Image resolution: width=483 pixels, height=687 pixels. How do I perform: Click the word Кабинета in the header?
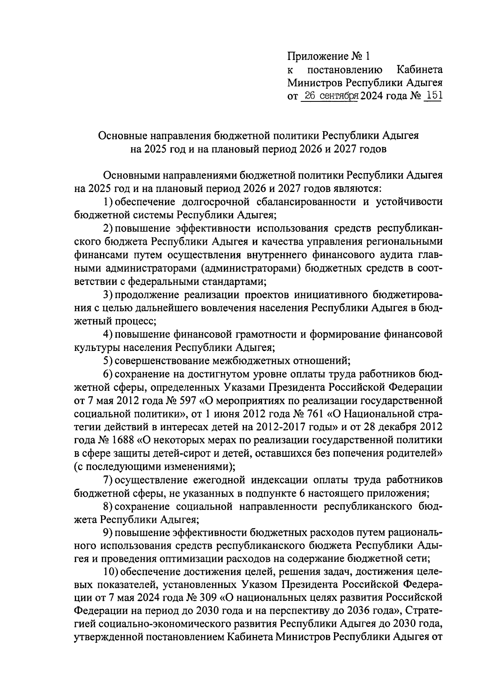click(x=420, y=69)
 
